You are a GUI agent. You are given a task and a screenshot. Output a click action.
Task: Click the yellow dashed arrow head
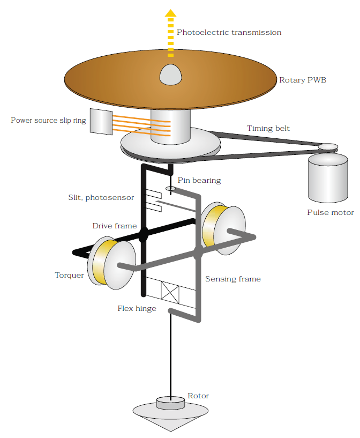[x=170, y=14]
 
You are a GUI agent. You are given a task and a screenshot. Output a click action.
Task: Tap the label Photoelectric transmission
[x=229, y=32]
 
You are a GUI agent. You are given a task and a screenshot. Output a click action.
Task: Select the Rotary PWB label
[x=303, y=80]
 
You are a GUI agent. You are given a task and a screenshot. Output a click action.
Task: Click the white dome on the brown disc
[x=170, y=74]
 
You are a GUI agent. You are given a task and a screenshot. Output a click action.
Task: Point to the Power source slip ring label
[x=48, y=120]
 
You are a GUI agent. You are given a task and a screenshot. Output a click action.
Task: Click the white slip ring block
[x=100, y=122]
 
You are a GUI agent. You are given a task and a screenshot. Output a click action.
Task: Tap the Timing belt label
[x=268, y=129]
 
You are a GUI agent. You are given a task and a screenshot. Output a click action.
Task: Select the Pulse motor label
[x=330, y=212]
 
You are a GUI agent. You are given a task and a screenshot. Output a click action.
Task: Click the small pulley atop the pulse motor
[x=328, y=146]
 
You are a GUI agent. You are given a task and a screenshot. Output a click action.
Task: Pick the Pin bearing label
[x=199, y=180]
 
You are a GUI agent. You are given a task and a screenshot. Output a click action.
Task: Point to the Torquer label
[x=69, y=275]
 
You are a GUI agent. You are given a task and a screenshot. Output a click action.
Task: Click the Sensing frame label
[x=233, y=279]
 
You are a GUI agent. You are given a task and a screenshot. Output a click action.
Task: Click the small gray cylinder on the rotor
[x=170, y=403]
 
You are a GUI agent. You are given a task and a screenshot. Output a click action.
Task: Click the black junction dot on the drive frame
[x=144, y=234]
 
